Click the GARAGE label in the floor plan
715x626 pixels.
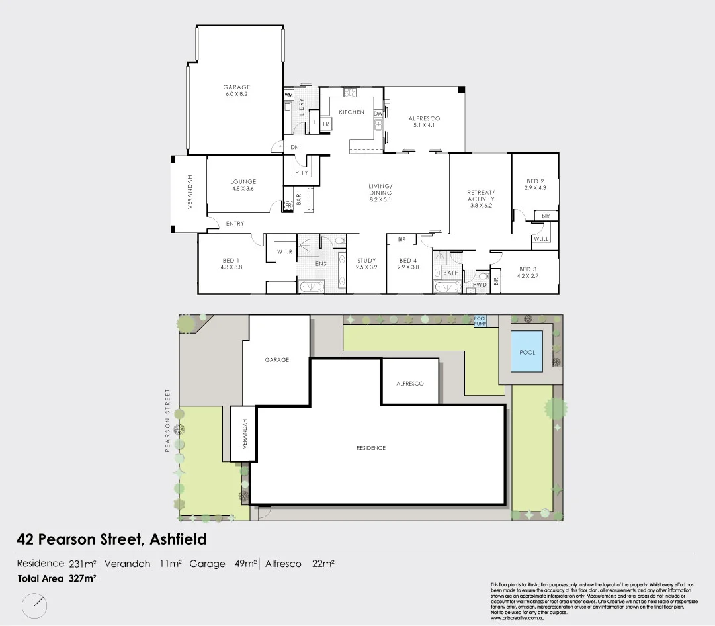236,91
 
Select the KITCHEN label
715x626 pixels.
351,112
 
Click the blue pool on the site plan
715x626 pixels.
527,352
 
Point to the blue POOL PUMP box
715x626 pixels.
480,320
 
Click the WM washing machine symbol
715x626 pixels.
288,95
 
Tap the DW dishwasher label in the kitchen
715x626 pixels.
378,114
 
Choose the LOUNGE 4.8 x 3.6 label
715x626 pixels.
243,185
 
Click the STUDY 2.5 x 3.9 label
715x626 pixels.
366,263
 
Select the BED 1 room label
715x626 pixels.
231,263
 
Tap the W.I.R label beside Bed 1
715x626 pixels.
284,252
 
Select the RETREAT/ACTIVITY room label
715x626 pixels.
481,199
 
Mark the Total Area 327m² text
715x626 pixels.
57,578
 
